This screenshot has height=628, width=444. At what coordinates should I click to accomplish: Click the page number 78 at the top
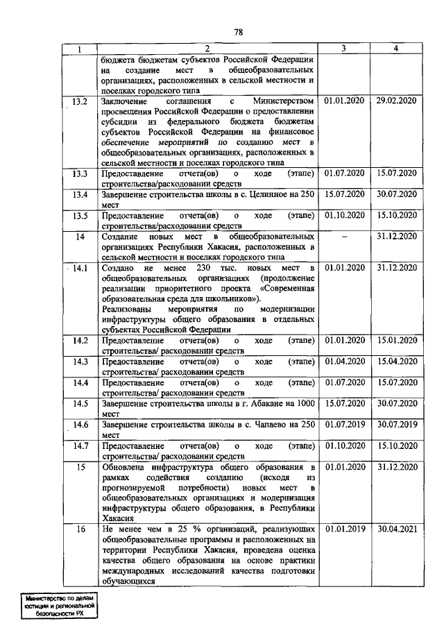(x=237, y=32)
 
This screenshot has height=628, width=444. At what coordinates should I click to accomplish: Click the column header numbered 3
(x=344, y=49)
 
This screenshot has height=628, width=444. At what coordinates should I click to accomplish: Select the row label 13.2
(x=80, y=101)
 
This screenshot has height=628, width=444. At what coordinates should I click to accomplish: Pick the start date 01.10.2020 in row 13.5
(x=344, y=215)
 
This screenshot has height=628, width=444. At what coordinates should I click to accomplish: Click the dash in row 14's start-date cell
(x=344, y=237)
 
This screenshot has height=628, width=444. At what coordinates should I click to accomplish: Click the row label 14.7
(x=80, y=445)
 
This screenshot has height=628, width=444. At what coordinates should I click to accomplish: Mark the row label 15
(x=80, y=467)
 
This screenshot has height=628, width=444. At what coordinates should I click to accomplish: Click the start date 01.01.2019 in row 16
(x=344, y=529)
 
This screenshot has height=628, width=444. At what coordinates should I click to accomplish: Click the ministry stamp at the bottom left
(x=58, y=607)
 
